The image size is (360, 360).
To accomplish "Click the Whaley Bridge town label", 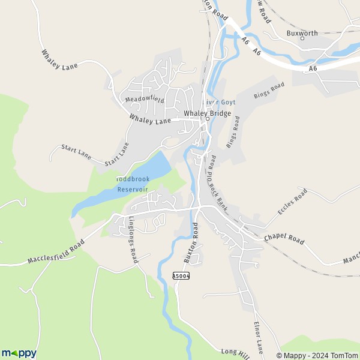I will pyautogui.click(x=207, y=113).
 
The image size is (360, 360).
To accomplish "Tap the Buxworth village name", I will pyautogui.click(x=301, y=33).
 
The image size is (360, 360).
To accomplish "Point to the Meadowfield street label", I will pyautogui.click(x=145, y=99).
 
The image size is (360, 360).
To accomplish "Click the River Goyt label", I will pyautogui.click(x=220, y=103).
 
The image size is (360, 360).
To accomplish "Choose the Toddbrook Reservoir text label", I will pyautogui.click(x=131, y=184).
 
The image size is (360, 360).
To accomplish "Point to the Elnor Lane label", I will pyautogui.click(x=259, y=337).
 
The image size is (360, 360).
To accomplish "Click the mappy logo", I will pyautogui.click(x=19, y=353).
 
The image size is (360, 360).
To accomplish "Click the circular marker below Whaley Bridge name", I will pyautogui.click(x=208, y=119).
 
